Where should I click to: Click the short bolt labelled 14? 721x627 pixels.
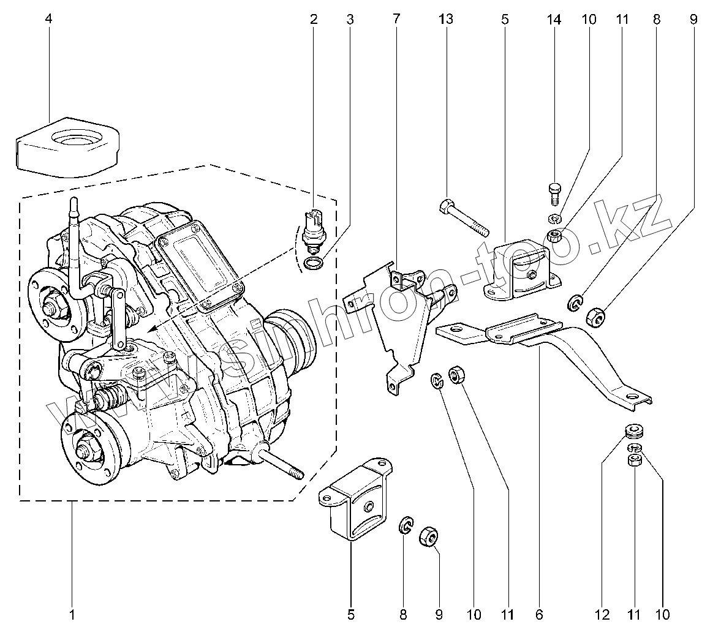coord(555,193)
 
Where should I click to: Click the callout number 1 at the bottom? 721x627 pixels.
coord(72,613)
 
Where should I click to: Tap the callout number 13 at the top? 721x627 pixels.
coord(446,20)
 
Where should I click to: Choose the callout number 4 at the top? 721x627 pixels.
coord(48,20)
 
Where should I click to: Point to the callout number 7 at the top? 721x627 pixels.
coord(396,20)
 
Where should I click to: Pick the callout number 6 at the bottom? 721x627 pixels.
coord(538,613)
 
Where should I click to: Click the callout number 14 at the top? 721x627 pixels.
coord(554,20)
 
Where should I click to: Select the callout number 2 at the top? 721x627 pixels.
coord(314,20)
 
